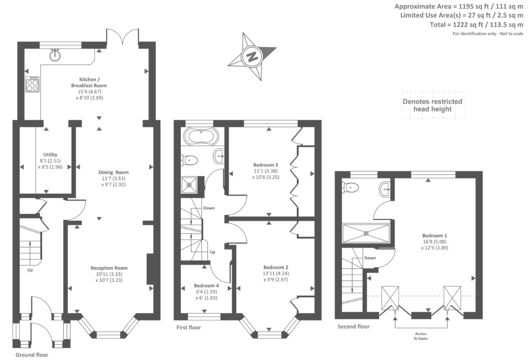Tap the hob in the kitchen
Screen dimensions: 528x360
pyautogui.click(x=33, y=84)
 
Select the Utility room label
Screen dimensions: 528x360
pyautogui.click(x=50, y=155)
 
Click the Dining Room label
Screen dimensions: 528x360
pyautogui.click(x=113, y=172)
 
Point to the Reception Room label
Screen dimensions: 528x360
pyautogui.click(x=109, y=268)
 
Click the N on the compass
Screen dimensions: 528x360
pyautogui.click(x=252, y=56)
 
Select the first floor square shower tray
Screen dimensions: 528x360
pyautogui.click(x=189, y=185)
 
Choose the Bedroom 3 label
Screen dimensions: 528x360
pyautogui.click(x=266, y=165)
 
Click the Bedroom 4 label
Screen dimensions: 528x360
pyautogui.click(x=206, y=286)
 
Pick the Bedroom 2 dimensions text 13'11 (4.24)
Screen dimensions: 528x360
pyautogui.click(x=276, y=274)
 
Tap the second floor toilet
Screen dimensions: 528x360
pyautogui.click(x=349, y=187)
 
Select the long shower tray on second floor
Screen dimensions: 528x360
pyautogui.click(x=366, y=233)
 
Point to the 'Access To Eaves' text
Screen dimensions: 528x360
pyautogui.click(x=421, y=336)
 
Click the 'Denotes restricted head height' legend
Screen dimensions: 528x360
pyautogui.click(x=432, y=106)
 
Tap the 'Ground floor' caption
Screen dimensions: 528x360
pyautogui.click(x=32, y=355)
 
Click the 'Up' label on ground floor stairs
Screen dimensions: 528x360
pyautogui.click(x=30, y=270)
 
